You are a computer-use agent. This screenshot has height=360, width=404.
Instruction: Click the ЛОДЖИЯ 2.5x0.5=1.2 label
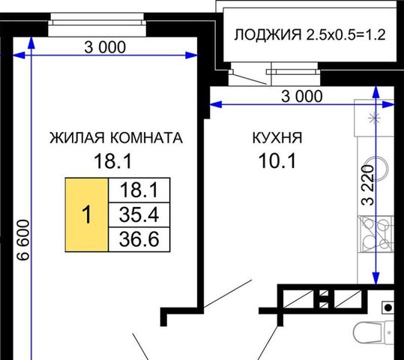click(310, 34)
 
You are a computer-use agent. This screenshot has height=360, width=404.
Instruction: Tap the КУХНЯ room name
click(277, 138)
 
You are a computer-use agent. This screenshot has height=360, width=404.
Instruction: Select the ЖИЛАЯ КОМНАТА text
click(116, 138)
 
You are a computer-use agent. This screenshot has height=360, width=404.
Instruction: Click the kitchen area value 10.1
click(277, 161)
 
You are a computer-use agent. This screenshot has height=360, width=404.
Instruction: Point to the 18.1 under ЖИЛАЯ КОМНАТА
click(113, 161)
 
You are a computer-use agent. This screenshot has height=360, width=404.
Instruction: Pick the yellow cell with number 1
click(87, 214)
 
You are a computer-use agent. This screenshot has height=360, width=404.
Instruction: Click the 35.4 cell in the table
click(139, 214)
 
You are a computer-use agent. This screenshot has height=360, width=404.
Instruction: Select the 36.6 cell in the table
click(139, 239)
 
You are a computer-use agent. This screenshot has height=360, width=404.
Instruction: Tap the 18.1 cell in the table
click(139, 190)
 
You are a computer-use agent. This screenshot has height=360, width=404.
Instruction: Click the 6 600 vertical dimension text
click(23, 240)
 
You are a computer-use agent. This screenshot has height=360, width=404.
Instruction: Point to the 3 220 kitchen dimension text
click(368, 185)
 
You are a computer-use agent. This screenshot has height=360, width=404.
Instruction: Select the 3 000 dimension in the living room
click(105, 47)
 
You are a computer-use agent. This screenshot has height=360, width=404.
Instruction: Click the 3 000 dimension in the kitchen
click(302, 97)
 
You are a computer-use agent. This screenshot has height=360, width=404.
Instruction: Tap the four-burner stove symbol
click(376, 234)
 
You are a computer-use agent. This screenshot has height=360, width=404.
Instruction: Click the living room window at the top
click(97, 25)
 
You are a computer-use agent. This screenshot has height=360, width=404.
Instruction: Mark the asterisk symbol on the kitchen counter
click(374, 118)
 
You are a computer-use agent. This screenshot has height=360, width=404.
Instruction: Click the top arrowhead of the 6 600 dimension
click(31, 43)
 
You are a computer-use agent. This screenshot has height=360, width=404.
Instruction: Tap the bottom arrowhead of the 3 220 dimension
click(376, 278)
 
